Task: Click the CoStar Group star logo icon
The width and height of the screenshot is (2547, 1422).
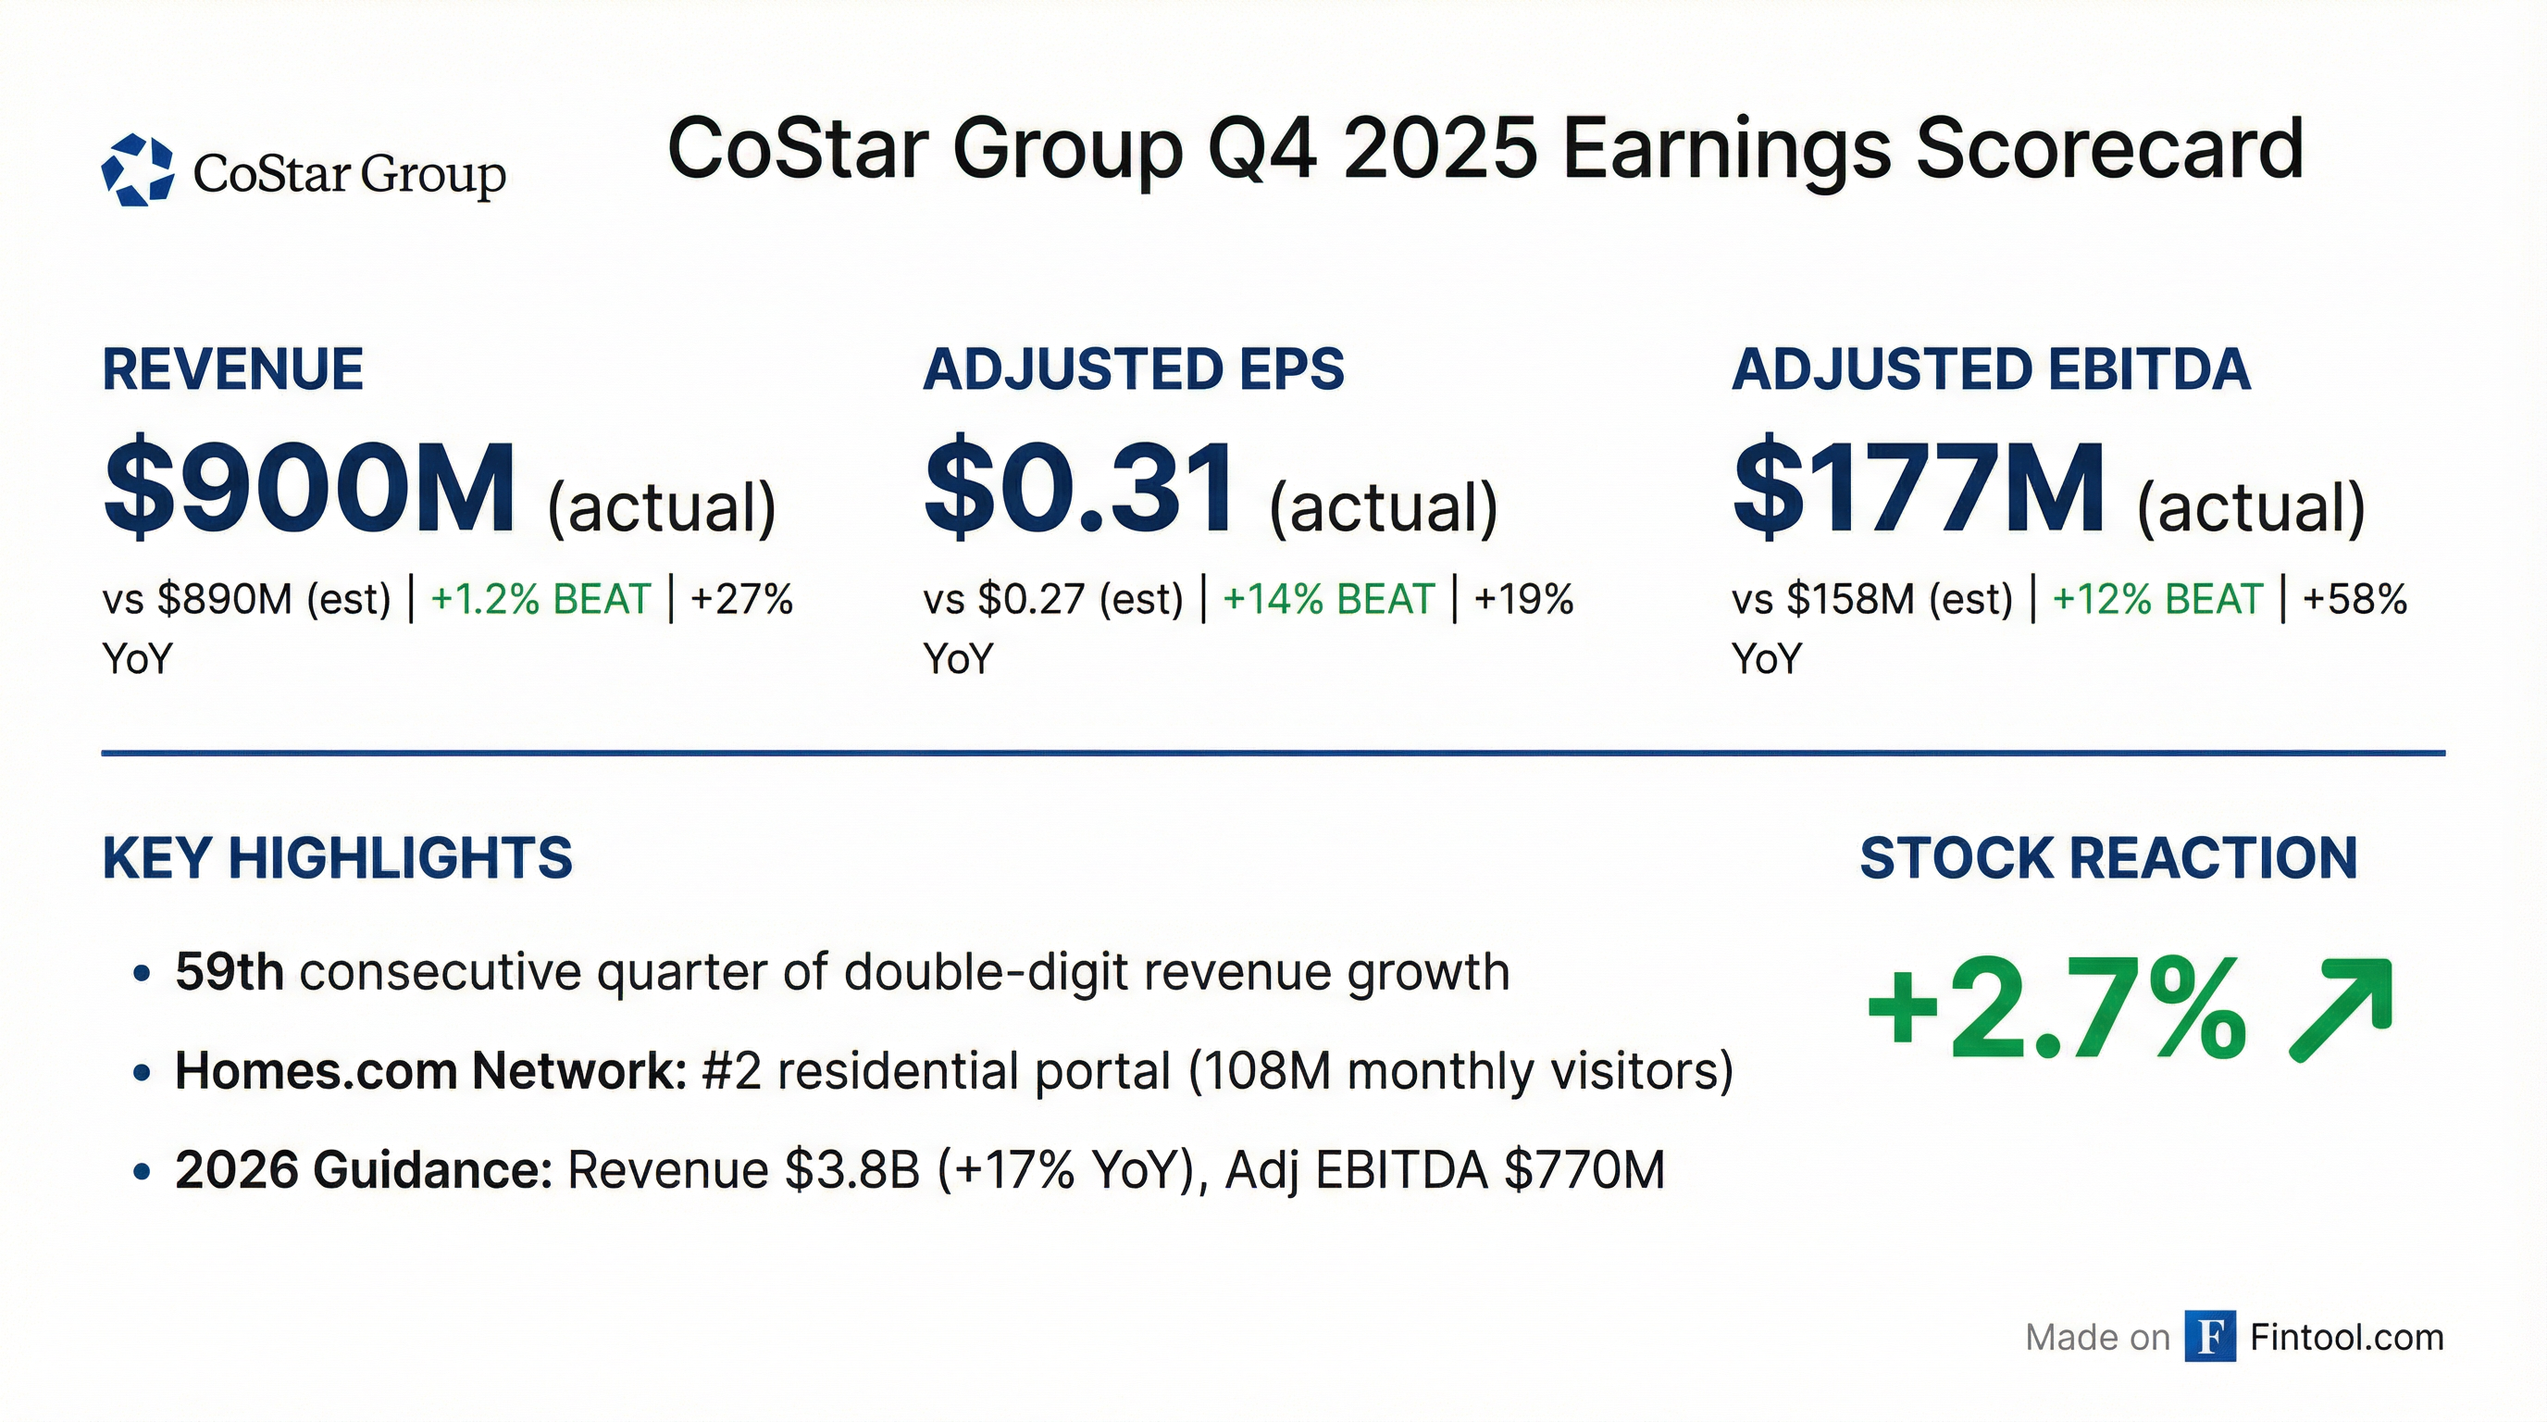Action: [137, 170]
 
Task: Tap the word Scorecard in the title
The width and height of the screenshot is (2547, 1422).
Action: [2110, 149]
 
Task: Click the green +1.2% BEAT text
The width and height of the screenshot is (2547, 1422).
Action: [540, 599]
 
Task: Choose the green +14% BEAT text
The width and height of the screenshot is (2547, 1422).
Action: [1328, 599]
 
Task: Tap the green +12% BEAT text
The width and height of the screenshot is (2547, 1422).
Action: [2157, 599]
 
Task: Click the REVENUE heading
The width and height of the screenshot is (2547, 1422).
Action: [233, 369]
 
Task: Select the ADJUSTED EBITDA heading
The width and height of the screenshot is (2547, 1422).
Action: [1991, 369]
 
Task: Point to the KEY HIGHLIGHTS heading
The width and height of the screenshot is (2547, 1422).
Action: [337, 857]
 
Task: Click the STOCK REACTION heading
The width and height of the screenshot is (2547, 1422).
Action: [2108, 857]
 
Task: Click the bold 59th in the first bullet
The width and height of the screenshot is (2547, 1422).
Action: [230, 972]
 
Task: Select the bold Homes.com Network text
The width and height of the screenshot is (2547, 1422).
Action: [431, 1071]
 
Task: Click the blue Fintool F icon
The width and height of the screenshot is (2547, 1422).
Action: [2210, 1337]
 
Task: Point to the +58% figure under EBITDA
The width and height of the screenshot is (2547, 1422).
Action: [2354, 599]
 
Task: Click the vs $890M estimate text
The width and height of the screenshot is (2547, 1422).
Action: [247, 599]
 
